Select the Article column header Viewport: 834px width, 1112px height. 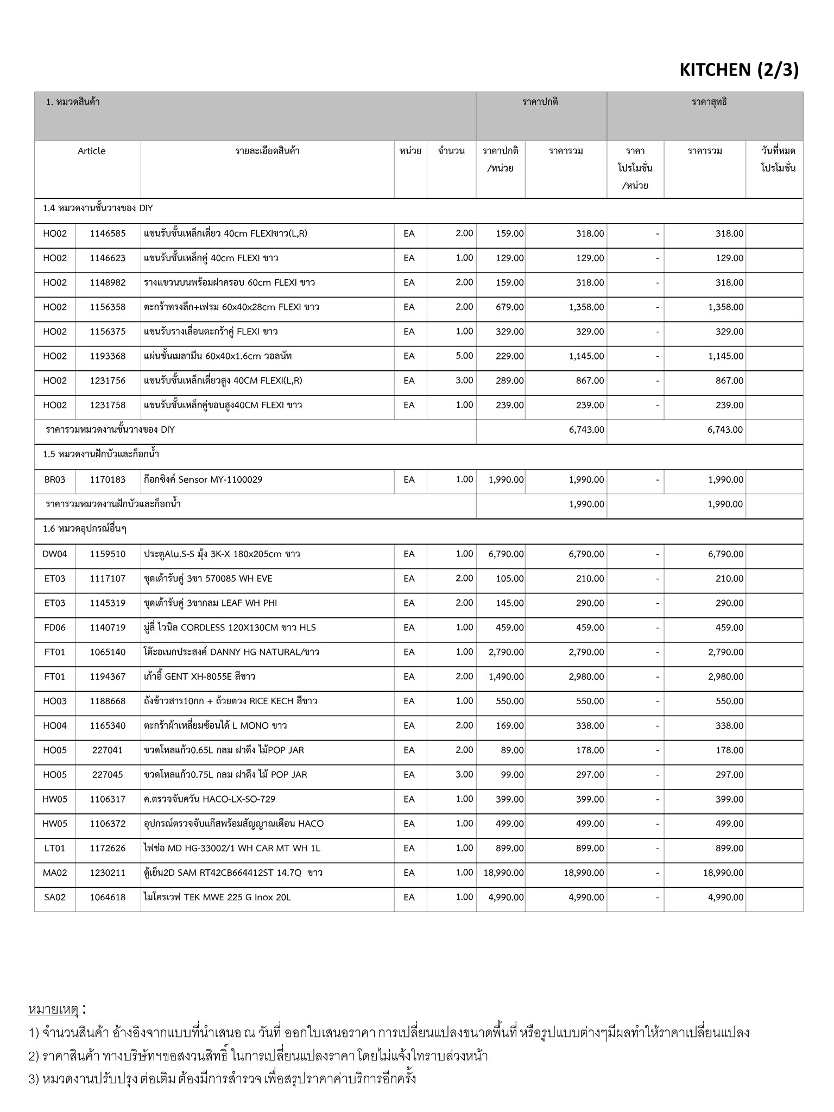(91, 151)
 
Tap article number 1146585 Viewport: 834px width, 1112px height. (108, 233)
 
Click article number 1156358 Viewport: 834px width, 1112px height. (108, 307)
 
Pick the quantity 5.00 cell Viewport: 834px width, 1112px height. (464, 356)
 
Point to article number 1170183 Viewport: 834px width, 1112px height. (108, 479)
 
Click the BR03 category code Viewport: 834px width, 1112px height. (55, 479)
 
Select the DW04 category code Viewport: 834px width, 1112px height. (55, 554)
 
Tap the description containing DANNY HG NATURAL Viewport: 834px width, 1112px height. (231, 652)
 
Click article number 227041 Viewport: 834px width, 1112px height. (108, 750)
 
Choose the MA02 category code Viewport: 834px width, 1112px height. (55, 873)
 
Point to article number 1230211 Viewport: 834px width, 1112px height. (108, 873)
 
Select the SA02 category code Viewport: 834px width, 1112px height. (55, 897)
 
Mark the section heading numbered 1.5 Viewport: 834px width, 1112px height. (101, 454)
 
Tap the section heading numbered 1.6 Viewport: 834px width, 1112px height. (85, 528)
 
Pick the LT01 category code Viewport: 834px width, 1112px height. (55, 848)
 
